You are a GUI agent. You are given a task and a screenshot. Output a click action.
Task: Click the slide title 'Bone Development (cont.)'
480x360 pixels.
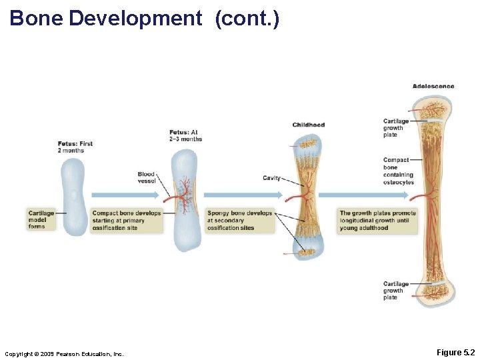[x=145, y=18]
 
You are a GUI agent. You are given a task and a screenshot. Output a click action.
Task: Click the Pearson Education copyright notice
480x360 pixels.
[x=64, y=353]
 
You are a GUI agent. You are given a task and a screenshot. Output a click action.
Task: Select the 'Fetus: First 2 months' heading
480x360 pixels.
[x=75, y=147]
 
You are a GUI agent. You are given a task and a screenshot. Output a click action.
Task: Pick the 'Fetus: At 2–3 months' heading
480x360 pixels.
[x=185, y=135]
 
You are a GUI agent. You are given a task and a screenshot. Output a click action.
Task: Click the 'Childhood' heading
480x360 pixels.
[x=308, y=125]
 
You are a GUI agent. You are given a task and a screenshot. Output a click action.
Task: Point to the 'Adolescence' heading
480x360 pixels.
[x=433, y=86]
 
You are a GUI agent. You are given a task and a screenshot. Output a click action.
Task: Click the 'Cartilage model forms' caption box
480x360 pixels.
[x=41, y=220]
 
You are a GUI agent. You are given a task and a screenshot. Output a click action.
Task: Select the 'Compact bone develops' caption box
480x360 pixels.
[x=127, y=220]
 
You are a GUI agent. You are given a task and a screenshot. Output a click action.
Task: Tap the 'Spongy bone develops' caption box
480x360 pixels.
[x=240, y=220]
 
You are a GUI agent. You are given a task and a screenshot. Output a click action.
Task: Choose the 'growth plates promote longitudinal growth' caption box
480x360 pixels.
[x=377, y=221]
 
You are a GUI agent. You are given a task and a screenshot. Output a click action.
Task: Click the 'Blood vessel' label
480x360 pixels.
[x=146, y=177]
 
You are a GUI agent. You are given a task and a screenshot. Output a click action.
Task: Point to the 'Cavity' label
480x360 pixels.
[x=271, y=178]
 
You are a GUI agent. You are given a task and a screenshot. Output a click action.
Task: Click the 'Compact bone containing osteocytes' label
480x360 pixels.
[x=398, y=171]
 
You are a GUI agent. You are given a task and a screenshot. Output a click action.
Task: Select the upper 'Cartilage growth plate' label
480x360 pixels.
[x=395, y=128]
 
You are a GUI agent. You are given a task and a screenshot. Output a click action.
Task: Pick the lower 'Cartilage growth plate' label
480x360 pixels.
[x=395, y=291]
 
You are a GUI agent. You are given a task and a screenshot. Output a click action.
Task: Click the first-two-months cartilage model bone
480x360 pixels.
[x=73, y=194]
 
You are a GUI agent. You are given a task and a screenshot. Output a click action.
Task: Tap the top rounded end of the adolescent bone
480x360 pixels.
[x=431, y=107]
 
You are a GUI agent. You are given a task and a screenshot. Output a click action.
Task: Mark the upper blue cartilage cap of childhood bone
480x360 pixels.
[x=308, y=143]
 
